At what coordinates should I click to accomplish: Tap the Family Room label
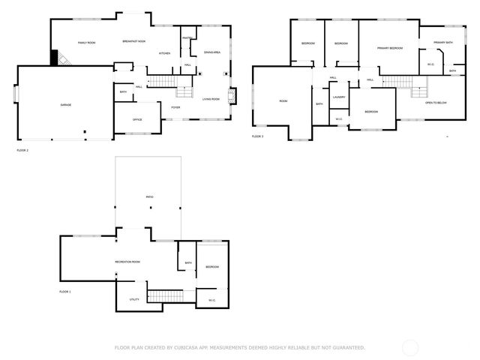click(86, 43)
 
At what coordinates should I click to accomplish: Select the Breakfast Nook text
click(134, 42)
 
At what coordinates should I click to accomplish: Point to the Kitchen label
click(164, 53)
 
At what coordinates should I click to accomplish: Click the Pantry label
click(187, 37)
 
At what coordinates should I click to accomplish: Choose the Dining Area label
click(212, 52)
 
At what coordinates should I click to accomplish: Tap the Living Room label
click(211, 99)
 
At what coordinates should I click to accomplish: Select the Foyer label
click(175, 107)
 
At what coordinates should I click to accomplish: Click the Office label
click(137, 119)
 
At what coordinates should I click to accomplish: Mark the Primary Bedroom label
click(390, 48)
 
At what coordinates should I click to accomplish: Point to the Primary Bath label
click(443, 43)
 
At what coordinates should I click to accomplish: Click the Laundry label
click(339, 97)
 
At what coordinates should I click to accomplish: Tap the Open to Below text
click(436, 102)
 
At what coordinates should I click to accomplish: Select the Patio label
click(150, 197)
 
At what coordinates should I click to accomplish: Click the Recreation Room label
click(127, 262)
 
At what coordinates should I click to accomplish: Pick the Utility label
click(134, 299)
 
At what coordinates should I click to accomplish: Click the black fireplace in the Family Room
click(55, 58)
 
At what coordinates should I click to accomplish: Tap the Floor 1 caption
click(64, 291)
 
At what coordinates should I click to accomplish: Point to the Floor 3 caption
click(257, 136)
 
